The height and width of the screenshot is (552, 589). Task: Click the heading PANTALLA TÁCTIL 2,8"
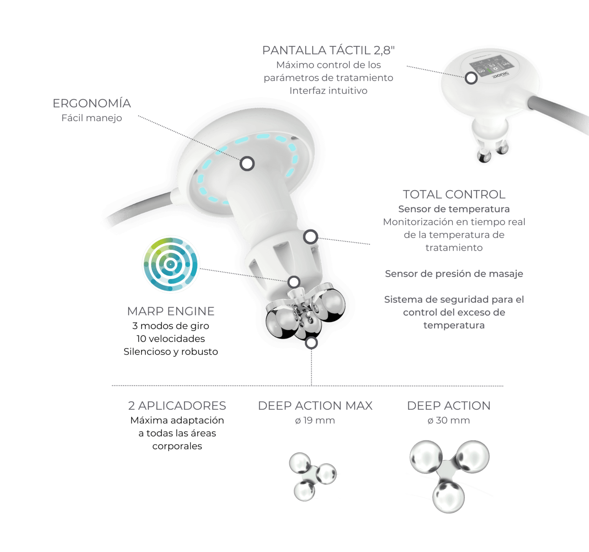328,50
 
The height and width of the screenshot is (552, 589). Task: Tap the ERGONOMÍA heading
92,103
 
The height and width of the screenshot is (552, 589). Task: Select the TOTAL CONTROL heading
454,194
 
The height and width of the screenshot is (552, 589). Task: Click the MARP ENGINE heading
171,311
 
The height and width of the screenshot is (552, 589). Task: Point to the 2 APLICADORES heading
177,406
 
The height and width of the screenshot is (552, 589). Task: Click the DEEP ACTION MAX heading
315,406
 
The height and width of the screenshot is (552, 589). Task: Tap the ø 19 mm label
315,421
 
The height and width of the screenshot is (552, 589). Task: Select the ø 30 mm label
449,421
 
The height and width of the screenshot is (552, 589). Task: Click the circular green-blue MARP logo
171,264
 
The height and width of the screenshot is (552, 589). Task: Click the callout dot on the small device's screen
471,78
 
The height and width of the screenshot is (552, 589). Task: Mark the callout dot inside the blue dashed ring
247,164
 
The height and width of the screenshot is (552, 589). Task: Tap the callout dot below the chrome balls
312,343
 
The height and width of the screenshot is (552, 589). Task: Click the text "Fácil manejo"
92,118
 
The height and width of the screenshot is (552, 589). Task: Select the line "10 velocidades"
171,339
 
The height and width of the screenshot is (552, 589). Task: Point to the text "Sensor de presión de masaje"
454,274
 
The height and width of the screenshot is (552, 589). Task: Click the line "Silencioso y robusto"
171,352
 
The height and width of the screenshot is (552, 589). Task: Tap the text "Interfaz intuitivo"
328,91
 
